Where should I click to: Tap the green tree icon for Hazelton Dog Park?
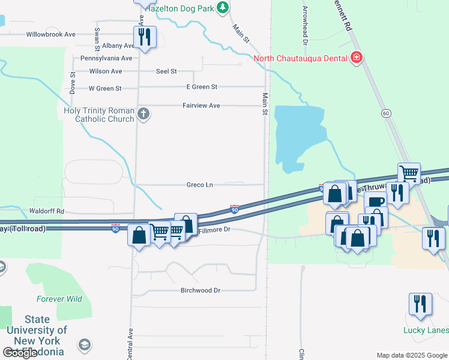223,7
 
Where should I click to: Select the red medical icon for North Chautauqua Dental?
357,58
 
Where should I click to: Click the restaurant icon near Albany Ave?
144,37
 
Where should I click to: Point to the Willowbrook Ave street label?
50,35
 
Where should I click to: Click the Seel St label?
166,71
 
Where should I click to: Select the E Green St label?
202,87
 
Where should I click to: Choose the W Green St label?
105,88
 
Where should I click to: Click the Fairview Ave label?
201,106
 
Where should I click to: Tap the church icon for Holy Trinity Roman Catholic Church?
143,113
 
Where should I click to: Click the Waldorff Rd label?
46,211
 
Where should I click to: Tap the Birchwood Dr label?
200,290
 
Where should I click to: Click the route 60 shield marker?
385,113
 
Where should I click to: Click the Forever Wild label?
59,299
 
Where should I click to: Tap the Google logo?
20,353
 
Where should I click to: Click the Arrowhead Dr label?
306,26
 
